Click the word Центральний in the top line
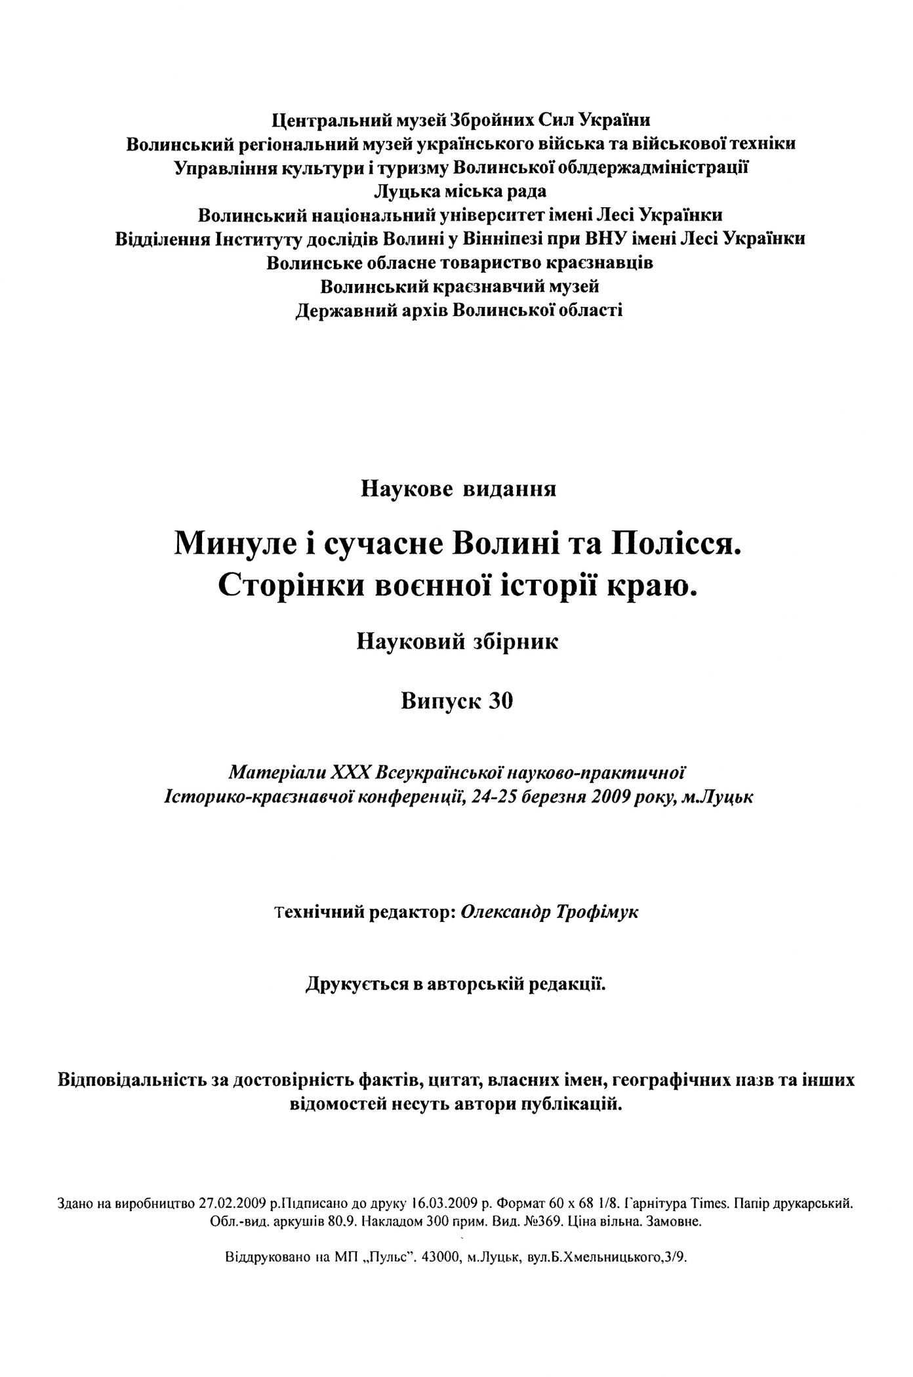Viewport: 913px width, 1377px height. [326, 121]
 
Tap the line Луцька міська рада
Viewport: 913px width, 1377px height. [460, 191]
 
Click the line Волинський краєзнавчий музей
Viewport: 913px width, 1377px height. [460, 287]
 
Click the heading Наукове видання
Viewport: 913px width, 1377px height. [458, 489]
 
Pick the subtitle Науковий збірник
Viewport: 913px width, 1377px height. [457, 642]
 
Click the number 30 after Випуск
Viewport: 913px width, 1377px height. [501, 702]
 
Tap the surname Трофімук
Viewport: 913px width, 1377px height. [598, 913]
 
